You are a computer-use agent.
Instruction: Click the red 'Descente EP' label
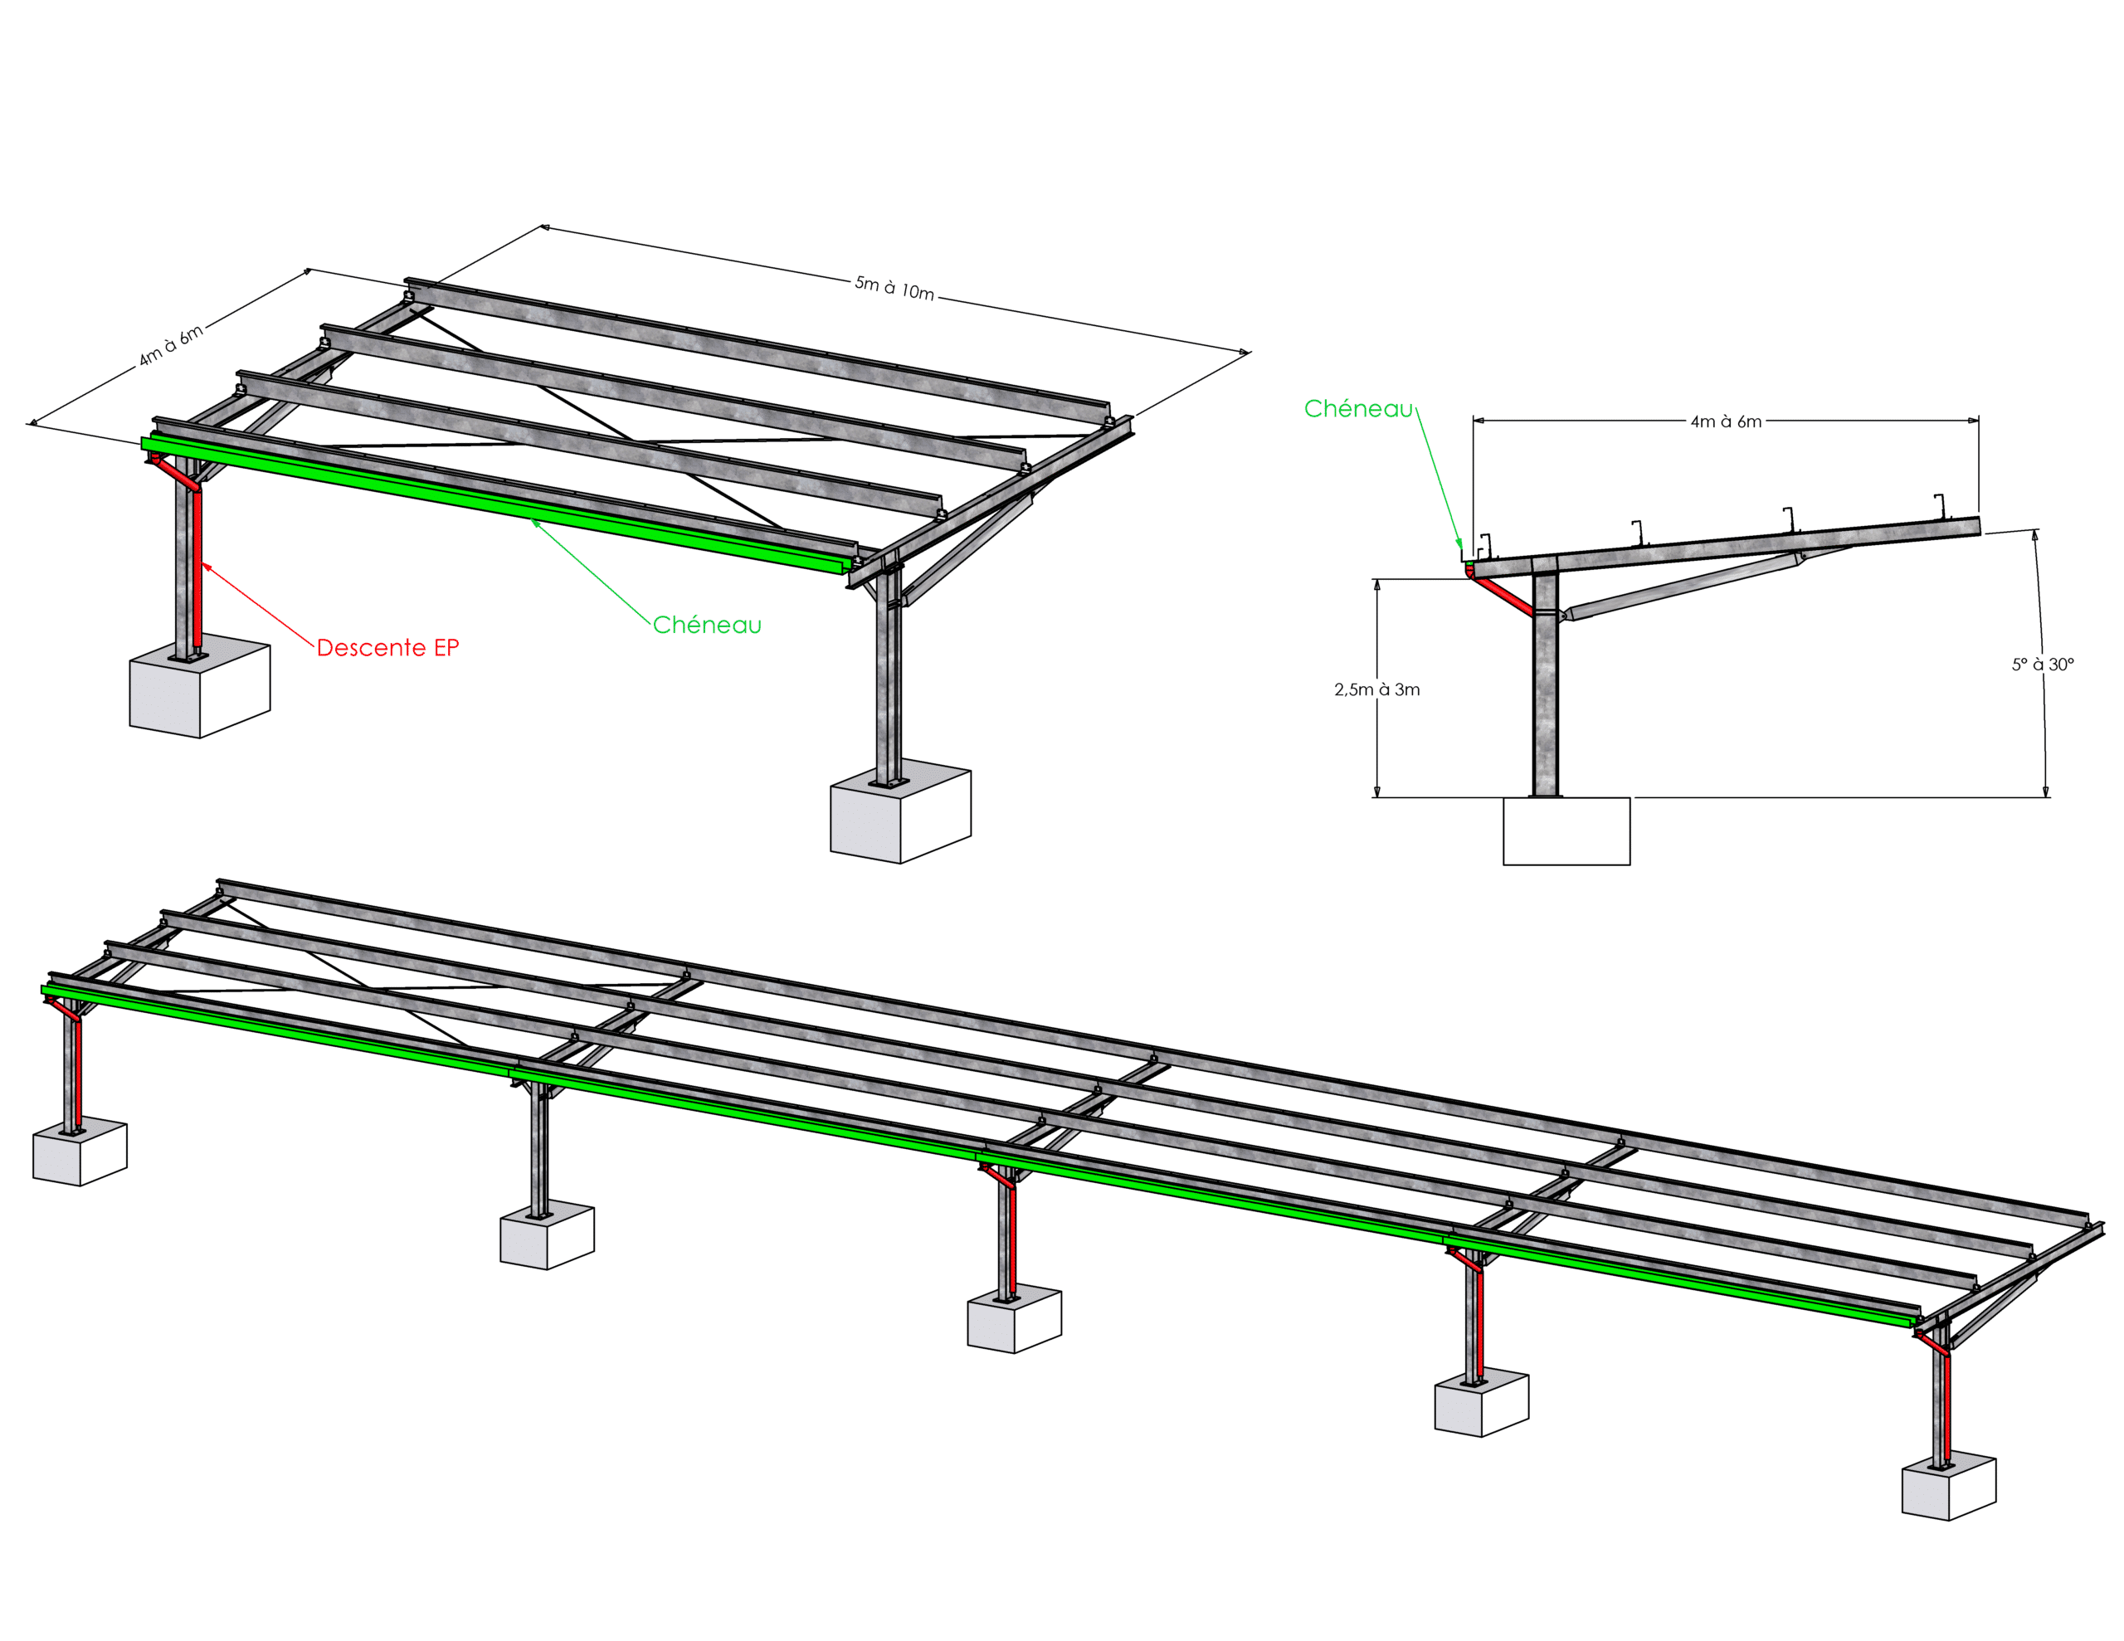388,648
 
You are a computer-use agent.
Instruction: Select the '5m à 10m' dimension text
894,288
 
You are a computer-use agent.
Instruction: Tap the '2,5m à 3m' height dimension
1376,689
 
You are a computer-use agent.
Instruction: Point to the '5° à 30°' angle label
2043,665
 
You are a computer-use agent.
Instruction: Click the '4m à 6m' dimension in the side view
1727,421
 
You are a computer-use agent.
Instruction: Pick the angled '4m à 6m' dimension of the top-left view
171,345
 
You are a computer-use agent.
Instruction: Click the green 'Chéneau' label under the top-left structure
707,625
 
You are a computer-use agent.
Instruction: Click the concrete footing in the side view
1566,830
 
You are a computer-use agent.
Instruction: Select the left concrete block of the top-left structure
199,687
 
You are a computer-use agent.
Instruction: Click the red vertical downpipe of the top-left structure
197,571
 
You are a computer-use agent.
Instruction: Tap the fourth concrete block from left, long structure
1482,1403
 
